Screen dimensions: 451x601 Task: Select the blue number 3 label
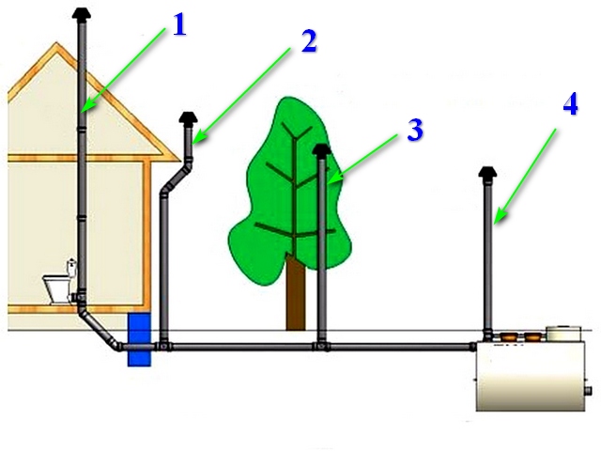coord(414,130)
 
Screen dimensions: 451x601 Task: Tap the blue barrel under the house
coord(139,339)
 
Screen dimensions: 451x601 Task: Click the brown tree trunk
coord(297,295)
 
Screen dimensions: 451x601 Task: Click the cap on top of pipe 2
coord(188,118)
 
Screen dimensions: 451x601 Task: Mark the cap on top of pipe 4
coord(488,173)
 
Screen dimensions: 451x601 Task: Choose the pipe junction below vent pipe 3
coord(322,347)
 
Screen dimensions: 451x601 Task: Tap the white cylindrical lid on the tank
coord(564,333)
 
